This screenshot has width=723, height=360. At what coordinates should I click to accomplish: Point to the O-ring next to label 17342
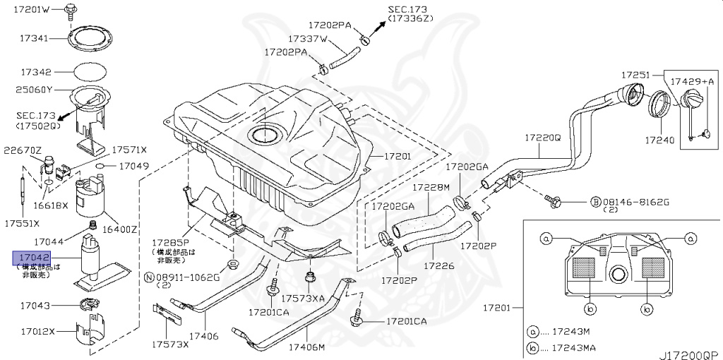[x=90, y=72]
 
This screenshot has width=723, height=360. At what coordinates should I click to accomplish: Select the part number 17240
[x=659, y=140]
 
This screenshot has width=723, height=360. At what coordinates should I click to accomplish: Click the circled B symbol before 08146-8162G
[x=595, y=202]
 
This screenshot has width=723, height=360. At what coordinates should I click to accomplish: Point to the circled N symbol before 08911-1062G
[x=149, y=277]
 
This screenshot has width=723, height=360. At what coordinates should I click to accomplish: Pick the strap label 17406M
[x=306, y=347]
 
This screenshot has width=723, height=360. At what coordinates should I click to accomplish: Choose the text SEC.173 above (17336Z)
[x=408, y=10]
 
